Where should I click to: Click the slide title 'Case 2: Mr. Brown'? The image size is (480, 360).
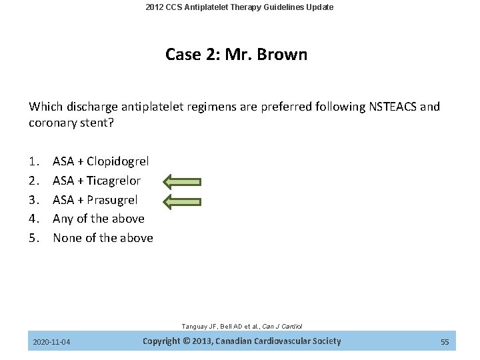click(237, 55)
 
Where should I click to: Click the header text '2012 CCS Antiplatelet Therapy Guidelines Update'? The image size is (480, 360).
click(240, 7)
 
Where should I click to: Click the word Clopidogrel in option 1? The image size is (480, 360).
click(117, 161)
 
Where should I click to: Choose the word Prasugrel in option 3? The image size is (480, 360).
click(112, 200)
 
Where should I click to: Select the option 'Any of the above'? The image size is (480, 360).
click(98, 219)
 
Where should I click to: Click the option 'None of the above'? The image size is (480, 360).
click(103, 238)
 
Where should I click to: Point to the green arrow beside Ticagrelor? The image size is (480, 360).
click(182, 181)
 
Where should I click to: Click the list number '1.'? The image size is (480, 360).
click(34, 161)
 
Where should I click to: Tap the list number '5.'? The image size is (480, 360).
click(34, 238)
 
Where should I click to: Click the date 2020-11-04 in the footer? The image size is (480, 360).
click(52, 343)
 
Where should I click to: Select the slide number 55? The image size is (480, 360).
click(445, 343)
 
